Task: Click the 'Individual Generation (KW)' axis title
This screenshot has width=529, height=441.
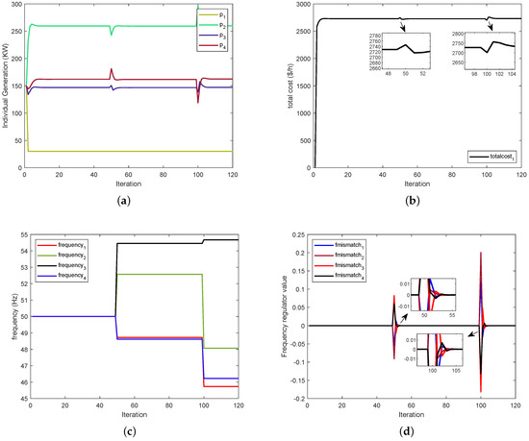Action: (5, 87)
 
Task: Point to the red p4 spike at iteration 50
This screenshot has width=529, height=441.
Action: (112, 70)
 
